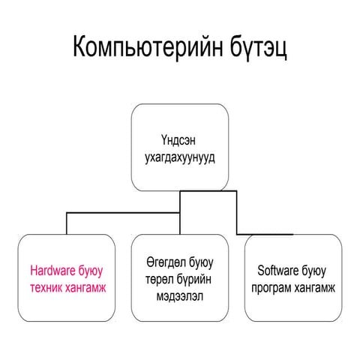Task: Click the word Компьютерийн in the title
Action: tap(148, 47)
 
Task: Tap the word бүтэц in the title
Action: tap(259, 47)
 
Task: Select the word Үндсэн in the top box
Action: tap(178, 140)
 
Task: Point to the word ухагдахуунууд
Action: tap(180, 158)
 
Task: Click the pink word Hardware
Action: tap(52, 271)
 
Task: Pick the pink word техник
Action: tap(46, 288)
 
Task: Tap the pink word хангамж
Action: tap(85, 288)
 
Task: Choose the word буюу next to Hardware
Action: tap(91, 271)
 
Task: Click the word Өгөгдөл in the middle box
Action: tap(166, 262)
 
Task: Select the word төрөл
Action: tap(157, 279)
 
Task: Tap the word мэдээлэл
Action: tap(180, 296)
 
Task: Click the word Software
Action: tap(278, 271)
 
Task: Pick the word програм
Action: tap(271, 288)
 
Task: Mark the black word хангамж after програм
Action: tap(314, 288)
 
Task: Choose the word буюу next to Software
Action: tap(314, 271)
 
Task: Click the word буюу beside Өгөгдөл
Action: tap(201, 263)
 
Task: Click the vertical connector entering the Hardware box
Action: tap(67, 223)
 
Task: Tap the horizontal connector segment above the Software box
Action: tap(265, 235)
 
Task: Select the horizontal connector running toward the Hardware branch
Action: tap(123, 213)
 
